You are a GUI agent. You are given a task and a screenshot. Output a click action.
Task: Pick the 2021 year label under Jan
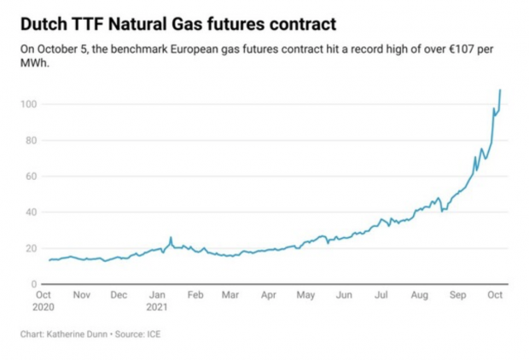[157, 305]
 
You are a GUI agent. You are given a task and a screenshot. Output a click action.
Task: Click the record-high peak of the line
[500, 90]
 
